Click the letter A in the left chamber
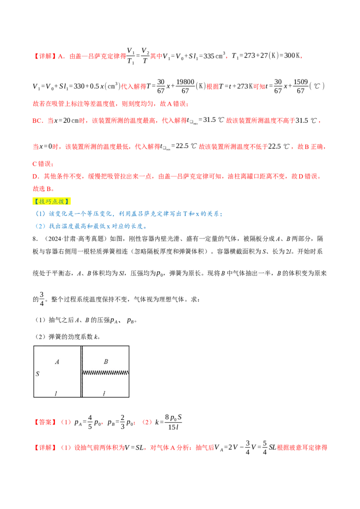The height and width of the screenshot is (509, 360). point(57,362)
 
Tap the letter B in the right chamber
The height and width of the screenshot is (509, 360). point(106,362)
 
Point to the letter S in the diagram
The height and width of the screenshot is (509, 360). point(37,374)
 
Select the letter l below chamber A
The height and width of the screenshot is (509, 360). point(56,393)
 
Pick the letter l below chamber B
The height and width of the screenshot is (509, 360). point(104,393)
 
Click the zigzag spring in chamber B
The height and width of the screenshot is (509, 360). point(106,372)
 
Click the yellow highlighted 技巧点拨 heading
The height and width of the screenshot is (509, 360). point(52,201)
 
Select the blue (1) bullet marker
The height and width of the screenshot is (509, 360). point(40,214)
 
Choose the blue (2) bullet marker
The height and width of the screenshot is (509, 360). point(40,227)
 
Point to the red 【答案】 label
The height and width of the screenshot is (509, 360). point(45,423)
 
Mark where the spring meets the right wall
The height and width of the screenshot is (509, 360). point(129,372)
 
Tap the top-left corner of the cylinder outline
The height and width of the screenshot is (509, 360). point(34,346)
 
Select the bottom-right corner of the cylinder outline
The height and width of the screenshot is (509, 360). point(129,397)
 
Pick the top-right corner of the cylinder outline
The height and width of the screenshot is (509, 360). point(129,346)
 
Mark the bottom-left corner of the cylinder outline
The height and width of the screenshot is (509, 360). point(34,397)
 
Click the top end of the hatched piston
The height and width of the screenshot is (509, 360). point(81,346)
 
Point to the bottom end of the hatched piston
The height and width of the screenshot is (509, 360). point(81,397)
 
